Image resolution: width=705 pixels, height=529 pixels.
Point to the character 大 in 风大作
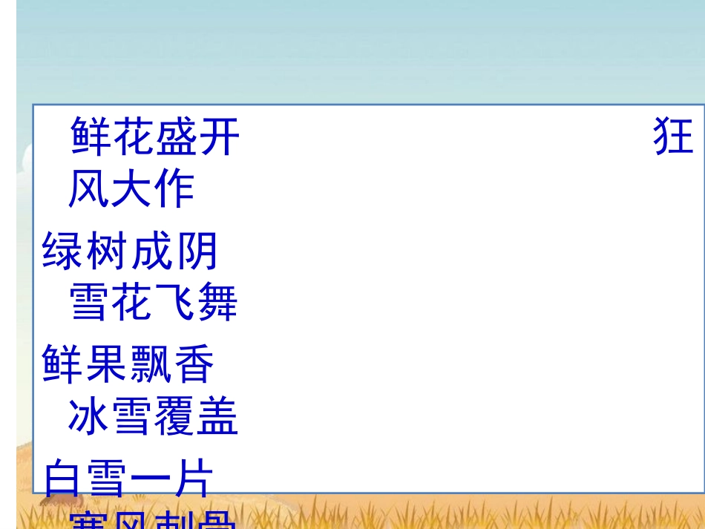click(x=131, y=190)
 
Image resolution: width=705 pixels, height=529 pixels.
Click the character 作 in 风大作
click(x=174, y=190)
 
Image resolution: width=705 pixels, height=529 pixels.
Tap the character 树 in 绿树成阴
click(x=108, y=252)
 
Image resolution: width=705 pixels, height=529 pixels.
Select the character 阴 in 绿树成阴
click(x=197, y=252)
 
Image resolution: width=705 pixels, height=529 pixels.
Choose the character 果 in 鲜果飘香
click(x=108, y=364)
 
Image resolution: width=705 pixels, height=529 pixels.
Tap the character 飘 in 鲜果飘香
click(x=151, y=364)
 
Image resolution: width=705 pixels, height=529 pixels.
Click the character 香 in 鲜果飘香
click(x=194, y=364)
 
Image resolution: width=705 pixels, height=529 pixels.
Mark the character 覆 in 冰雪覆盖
click(x=174, y=417)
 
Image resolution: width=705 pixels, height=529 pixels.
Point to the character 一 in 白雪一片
click(x=151, y=478)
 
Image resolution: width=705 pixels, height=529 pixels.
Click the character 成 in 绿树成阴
click(x=152, y=252)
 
